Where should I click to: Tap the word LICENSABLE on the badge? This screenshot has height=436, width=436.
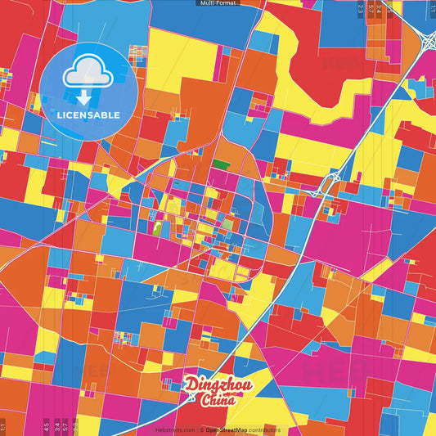tap(88, 115)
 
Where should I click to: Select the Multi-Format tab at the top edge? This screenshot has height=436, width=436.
tap(218, 3)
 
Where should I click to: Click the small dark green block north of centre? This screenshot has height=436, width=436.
tap(220, 164)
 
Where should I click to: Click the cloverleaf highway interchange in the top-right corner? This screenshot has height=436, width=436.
tap(426, 38)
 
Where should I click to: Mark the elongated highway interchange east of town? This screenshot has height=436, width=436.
tap(330, 182)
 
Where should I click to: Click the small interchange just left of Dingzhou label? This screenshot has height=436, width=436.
tap(191, 398)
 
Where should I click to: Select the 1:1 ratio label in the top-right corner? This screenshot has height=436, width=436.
tap(431, 9)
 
